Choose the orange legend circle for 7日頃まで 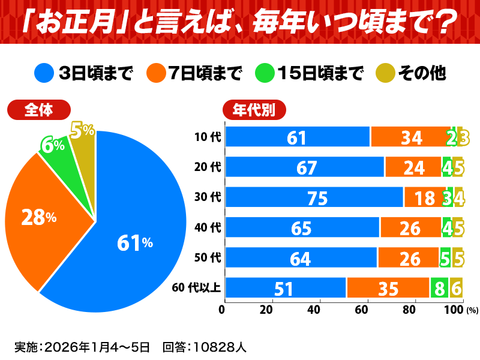click(x=157, y=73)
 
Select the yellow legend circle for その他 click(x=385, y=73)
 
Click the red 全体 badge click(x=39, y=110)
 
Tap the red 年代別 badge click(x=254, y=110)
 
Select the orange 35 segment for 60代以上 click(x=388, y=288)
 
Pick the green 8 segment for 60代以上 click(x=439, y=288)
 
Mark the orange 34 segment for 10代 click(x=411, y=137)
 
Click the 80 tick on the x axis click(x=409, y=310)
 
